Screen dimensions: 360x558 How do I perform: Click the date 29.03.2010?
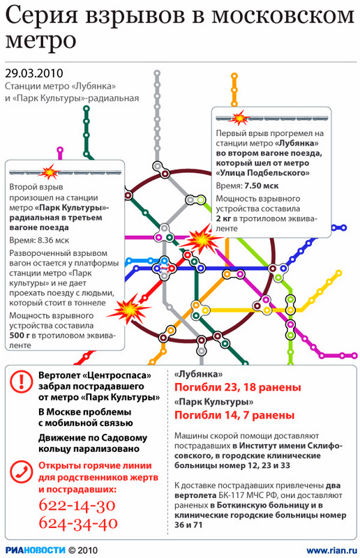point(34,73)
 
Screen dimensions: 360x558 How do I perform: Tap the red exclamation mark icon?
point(22,382)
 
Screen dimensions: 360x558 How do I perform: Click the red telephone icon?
point(22,472)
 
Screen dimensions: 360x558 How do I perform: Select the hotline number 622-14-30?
point(77,505)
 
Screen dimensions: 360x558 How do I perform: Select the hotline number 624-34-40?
point(78,523)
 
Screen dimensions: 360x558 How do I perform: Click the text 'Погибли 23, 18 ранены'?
point(237,388)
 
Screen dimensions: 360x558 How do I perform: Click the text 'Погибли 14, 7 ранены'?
point(234,415)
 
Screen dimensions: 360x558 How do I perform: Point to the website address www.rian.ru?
point(332,550)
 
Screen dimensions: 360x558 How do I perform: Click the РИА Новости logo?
point(36,550)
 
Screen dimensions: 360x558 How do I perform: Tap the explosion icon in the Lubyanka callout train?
point(239,118)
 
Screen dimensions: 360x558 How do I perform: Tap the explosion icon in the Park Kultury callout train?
point(48,172)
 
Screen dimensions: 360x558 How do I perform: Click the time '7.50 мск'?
point(262,186)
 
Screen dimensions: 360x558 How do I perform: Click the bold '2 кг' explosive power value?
point(223,218)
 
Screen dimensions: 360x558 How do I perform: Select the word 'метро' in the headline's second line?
point(40,41)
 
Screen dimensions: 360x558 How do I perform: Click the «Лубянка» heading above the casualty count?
point(198,374)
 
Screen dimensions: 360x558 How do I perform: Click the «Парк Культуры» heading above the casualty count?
point(213,402)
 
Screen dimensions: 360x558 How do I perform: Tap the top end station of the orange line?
point(234,76)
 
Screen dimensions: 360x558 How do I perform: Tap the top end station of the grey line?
point(157,74)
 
